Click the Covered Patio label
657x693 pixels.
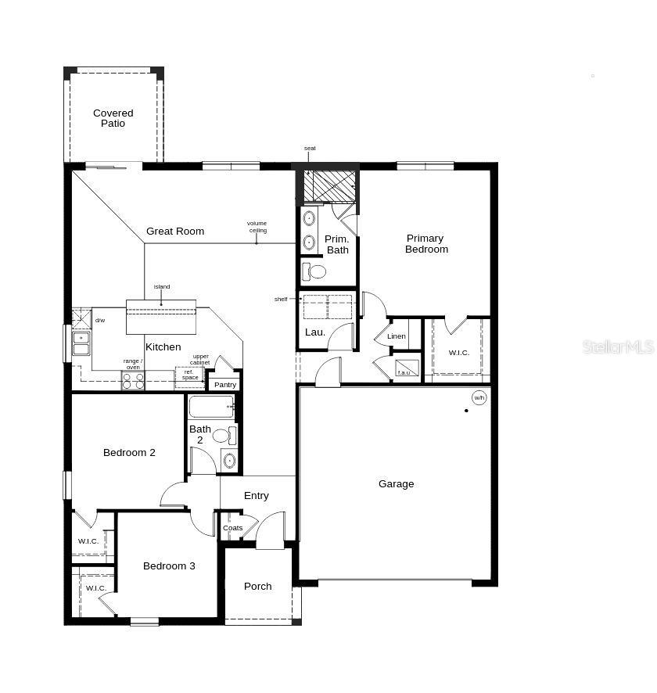pyautogui.click(x=113, y=118)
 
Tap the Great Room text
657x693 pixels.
pyautogui.click(x=175, y=231)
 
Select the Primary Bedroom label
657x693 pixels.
pyautogui.click(x=425, y=243)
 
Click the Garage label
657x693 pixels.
pyautogui.click(x=396, y=484)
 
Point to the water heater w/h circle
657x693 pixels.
pyautogui.click(x=479, y=397)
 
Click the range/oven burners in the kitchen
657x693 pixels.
pyautogui.click(x=133, y=381)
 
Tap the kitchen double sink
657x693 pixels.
pyautogui.click(x=81, y=343)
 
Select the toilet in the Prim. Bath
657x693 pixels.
pyautogui.click(x=314, y=271)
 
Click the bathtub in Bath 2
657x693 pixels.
pyautogui.click(x=212, y=407)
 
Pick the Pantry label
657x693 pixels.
pyautogui.click(x=225, y=385)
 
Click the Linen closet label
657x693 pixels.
pyautogui.click(x=397, y=336)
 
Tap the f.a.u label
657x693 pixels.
pyautogui.click(x=404, y=372)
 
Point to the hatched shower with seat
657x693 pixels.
pyautogui.click(x=329, y=185)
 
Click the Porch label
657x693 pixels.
pyautogui.click(x=258, y=586)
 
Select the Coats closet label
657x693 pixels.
pyautogui.click(x=232, y=528)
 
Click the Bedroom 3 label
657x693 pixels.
pyautogui.click(x=169, y=566)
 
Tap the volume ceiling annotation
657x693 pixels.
pyautogui.click(x=257, y=227)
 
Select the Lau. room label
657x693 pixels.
pyautogui.click(x=315, y=332)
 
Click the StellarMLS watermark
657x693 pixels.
pyautogui.click(x=618, y=346)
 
